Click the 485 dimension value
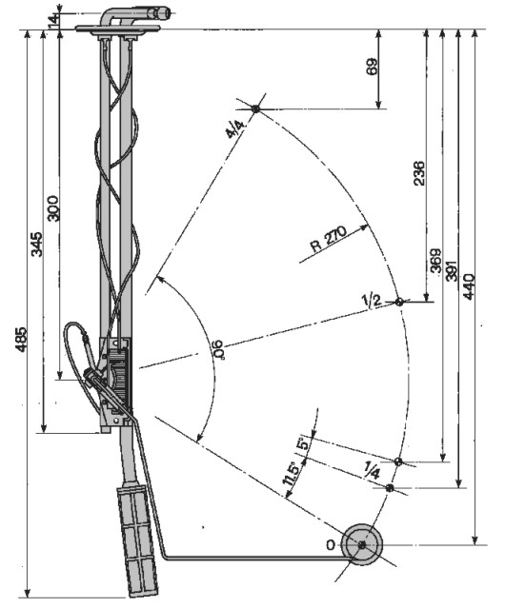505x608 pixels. point(22,340)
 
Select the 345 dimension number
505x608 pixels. point(37,245)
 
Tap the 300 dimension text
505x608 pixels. point(53,208)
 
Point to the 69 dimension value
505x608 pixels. point(372,67)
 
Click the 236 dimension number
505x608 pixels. point(419,173)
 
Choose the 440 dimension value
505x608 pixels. point(469,287)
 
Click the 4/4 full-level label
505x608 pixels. point(235,128)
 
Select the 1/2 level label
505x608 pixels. point(372,301)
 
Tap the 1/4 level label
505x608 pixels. point(373,470)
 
